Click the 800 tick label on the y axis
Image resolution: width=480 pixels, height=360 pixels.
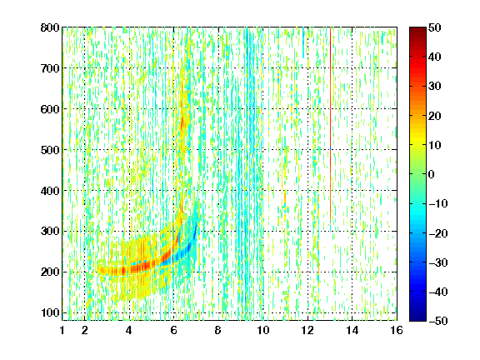[50, 27]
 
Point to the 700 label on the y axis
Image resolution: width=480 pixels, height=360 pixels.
[50, 68]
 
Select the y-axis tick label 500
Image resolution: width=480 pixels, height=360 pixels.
[50, 150]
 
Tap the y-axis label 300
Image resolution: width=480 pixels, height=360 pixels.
[50, 232]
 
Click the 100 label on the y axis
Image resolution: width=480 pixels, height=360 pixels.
[50, 312]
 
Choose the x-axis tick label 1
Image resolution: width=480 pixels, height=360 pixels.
[62, 330]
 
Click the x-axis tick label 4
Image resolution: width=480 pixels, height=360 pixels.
[129, 330]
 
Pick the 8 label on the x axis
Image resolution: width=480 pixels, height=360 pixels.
[218, 330]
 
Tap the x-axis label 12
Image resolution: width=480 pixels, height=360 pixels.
[307, 330]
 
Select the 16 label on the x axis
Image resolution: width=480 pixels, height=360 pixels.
[397, 330]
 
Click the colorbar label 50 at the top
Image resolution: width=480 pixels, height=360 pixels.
[435, 27]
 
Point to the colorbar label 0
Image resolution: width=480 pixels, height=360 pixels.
[432, 174]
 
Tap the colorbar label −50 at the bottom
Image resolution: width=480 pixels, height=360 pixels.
[438, 321]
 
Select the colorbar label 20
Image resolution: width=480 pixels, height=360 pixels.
[435, 116]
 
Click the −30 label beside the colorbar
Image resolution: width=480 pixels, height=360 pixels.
[438, 262]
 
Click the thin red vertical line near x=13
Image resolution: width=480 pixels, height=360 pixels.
[331, 126]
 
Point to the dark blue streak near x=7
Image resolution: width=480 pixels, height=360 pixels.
[192, 239]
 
